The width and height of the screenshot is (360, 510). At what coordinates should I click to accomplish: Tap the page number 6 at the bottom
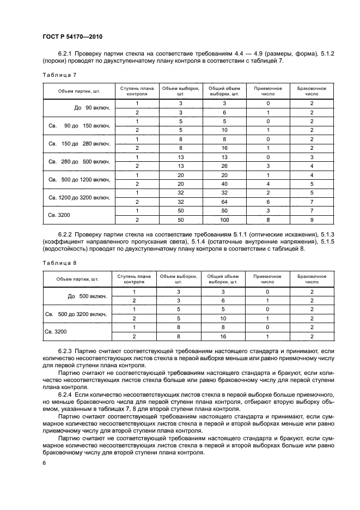click(44, 463)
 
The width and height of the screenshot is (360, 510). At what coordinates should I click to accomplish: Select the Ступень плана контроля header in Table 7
click(133, 90)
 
